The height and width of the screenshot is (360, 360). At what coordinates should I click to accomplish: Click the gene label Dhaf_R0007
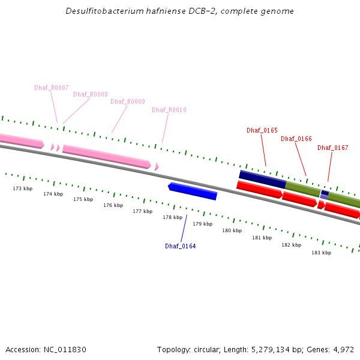click(x=52, y=88)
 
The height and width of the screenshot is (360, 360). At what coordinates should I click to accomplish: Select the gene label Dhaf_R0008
click(x=91, y=94)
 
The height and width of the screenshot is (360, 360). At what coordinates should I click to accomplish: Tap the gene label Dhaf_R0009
click(x=128, y=101)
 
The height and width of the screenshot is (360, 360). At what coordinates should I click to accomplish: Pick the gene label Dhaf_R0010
click(x=169, y=110)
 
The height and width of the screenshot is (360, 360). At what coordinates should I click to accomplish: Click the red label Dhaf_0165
click(x=262, y=130)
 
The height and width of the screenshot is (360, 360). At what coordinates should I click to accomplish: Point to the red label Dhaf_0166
click(x=296, y=139)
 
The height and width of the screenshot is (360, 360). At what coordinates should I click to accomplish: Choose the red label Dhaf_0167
click(x=333, y=148)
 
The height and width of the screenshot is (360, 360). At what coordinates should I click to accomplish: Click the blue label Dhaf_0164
click(x=181, y=246)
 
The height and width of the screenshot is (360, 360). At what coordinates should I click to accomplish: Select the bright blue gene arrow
click(x=193, y=191)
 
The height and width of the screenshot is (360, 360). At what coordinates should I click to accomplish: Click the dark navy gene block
click(x=263, y=178)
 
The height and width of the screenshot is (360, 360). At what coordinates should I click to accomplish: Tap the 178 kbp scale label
click(x=172, y=217)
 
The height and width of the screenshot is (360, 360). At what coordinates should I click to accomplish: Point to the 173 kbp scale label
click(x=23, y=188)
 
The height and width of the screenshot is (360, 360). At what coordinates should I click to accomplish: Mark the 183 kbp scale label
click(x=321, y=253)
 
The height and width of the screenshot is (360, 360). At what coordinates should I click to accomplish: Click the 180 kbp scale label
click(x=232, y=230)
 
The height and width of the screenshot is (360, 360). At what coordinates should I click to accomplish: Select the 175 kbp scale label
click(x=83, y=199)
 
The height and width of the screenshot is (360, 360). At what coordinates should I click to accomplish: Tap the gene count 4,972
click(x=343, y=349)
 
